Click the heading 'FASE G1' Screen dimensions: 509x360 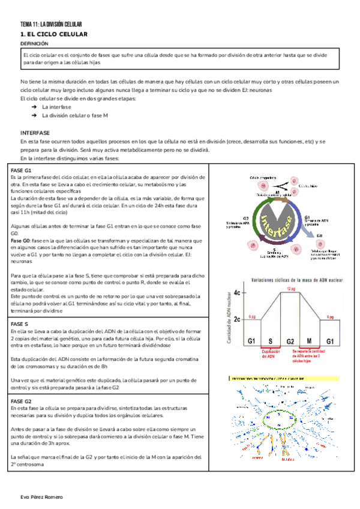[x=22, y=171]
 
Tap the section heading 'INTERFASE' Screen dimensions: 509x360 [x=35, y=132]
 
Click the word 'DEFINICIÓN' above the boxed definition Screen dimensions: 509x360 [x=34, y=44]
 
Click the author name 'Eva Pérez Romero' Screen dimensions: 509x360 [x=41, y=498]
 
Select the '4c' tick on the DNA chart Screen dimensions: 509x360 [x=238, y=292]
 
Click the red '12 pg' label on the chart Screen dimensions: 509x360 [x=290, y=289]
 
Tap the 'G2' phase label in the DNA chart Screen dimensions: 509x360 [x=290, y=340]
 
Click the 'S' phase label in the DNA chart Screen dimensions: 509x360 [x=270, y=340]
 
